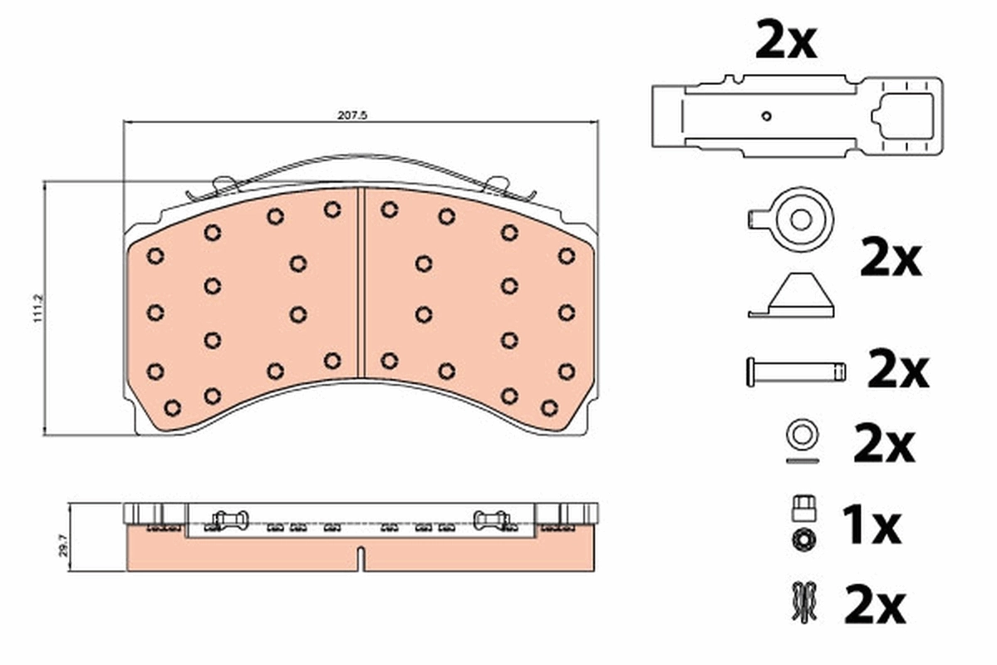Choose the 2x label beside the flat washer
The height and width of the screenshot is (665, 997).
point(883,446)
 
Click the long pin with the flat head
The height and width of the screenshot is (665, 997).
point(796,371)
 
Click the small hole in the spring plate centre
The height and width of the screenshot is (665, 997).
point(766,116)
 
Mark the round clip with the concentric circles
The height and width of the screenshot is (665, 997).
point(799,219)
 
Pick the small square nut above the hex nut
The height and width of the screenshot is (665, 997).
point(803,505)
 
